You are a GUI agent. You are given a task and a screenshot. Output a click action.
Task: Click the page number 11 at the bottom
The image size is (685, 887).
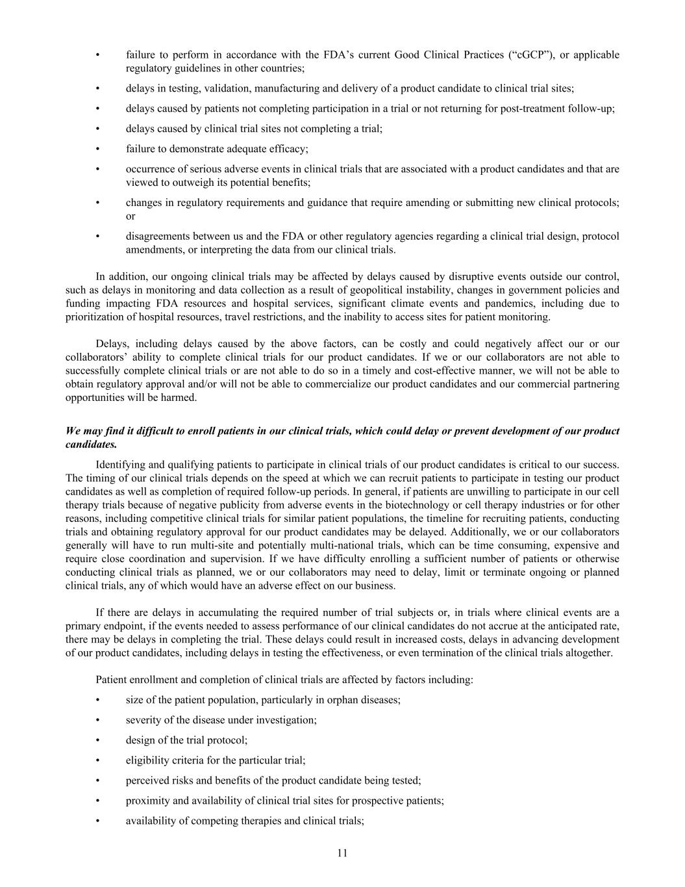(342, 853)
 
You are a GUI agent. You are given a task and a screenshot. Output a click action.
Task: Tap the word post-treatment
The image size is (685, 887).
(530, 109)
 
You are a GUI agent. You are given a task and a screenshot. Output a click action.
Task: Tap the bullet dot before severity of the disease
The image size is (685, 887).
(97, 720)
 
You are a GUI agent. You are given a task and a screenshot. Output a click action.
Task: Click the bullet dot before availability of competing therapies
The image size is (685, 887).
(97, 821)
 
